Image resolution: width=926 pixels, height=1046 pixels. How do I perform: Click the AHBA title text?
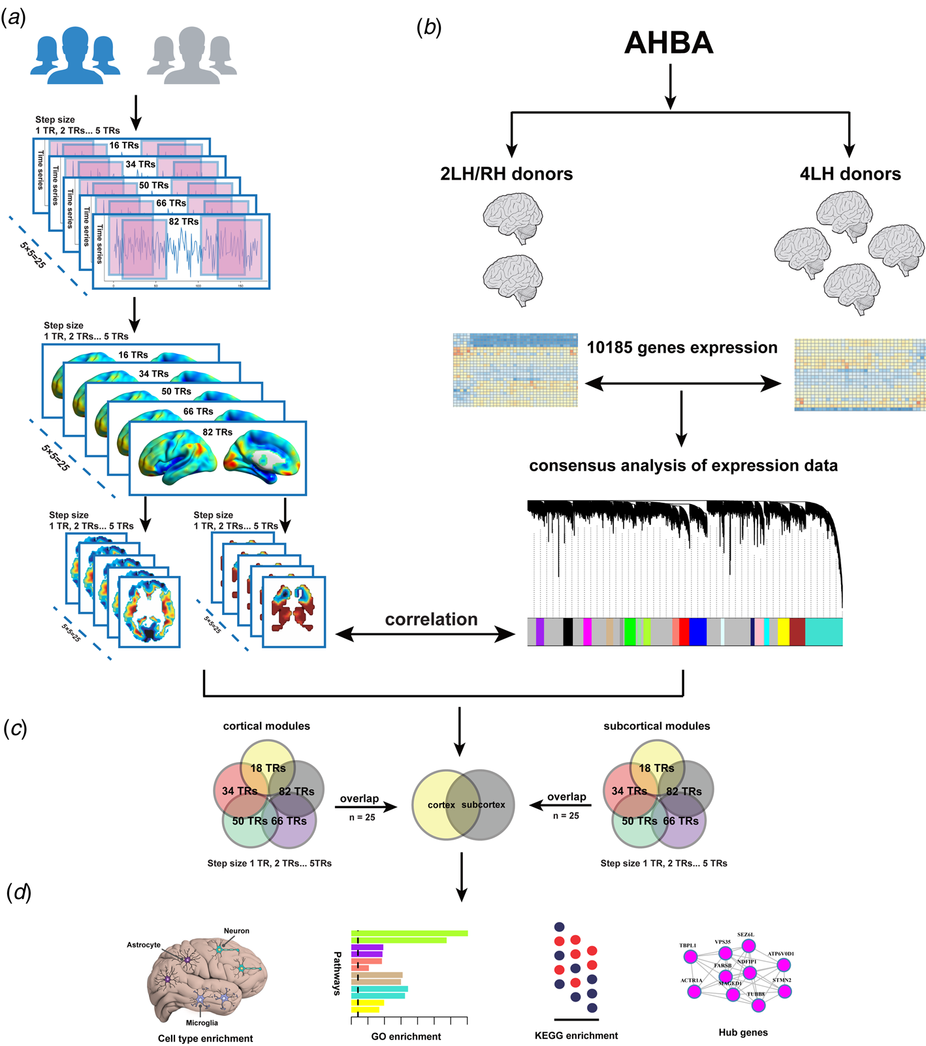click(x=669, y=43)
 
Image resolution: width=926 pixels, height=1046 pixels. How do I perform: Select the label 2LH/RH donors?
click(x=506, y=174)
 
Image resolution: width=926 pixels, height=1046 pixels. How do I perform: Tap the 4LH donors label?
click(x=850, y=174)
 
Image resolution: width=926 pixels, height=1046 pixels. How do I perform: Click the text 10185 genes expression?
click(x=682, y=347)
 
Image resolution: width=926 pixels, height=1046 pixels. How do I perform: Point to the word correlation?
click(x=431, y=619)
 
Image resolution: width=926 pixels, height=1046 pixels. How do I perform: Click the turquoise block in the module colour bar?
click(x=823, y=632)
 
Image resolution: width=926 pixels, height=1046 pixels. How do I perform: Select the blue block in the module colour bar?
click(x=697, y=632)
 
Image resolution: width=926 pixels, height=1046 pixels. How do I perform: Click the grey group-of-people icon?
click(x=192, y=56)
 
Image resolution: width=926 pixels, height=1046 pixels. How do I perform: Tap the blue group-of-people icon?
click(x=76, y=56)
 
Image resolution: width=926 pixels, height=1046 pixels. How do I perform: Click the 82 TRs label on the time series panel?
click(x=184, y=222)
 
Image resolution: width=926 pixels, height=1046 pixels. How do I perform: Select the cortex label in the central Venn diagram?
click(x=441, y=805)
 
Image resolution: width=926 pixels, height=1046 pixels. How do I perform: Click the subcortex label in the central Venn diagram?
click(x=483, y=805)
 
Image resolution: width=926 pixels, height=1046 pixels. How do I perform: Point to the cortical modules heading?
click(x=266, y=726)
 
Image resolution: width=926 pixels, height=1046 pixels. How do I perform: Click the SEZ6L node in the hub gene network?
click(x=748, y=945)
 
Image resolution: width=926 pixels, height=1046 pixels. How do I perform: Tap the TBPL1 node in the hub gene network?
click(x=690, y=957)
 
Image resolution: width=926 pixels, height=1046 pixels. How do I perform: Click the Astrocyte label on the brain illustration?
click(x=144, y=945)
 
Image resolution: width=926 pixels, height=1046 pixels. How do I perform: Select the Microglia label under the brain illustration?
click(x=202, y=1022)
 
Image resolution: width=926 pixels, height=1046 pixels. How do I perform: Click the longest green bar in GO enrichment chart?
click(x=409, y=933)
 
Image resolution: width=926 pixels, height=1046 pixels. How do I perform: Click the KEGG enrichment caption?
click(x=576, y=1036)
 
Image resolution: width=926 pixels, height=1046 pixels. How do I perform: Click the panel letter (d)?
click(x=18, y=893)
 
